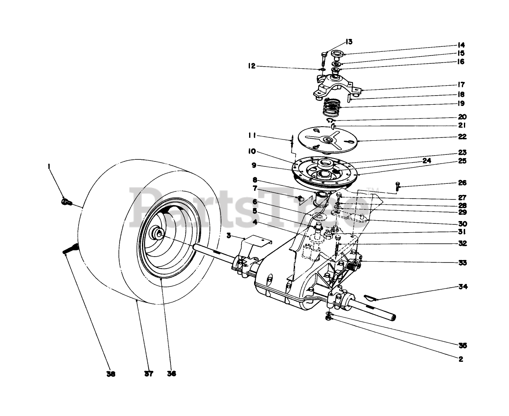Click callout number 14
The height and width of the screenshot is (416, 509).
(x=461, y=45)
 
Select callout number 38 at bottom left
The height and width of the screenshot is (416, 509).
(x=110, y=373)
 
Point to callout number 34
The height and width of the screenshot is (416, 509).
(x=463, y=286)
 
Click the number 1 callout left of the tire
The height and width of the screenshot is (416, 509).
(x=49, y=166)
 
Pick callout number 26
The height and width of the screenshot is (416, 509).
(x=462, y=183)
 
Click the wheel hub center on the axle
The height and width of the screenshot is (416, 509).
(x=158, y=233)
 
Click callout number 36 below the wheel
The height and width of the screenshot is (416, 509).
(x=171, y=373)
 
